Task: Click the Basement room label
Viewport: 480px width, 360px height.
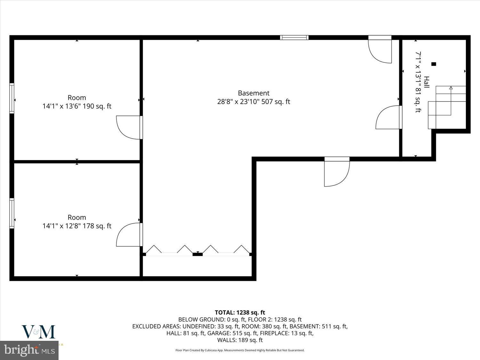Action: click(253, 93)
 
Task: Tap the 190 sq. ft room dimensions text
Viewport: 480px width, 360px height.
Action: click(77, 106)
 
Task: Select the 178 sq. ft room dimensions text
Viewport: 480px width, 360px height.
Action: click(77, 226)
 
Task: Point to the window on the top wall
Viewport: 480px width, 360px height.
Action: click(294, 37)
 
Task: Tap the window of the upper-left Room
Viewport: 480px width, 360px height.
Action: click(12, 98)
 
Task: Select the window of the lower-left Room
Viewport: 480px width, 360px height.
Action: click(12, 213)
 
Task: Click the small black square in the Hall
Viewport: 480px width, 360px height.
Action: click(434, 64)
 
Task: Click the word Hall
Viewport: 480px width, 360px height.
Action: click(426, 82)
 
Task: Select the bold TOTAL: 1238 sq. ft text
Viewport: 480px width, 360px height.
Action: click(240, 312)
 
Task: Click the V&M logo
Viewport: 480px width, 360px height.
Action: click(38, 332)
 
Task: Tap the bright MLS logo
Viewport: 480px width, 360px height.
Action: click(29, 350)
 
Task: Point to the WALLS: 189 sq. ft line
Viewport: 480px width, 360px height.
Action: click(240, 340)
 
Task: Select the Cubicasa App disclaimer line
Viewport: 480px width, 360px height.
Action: click(240, 350)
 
